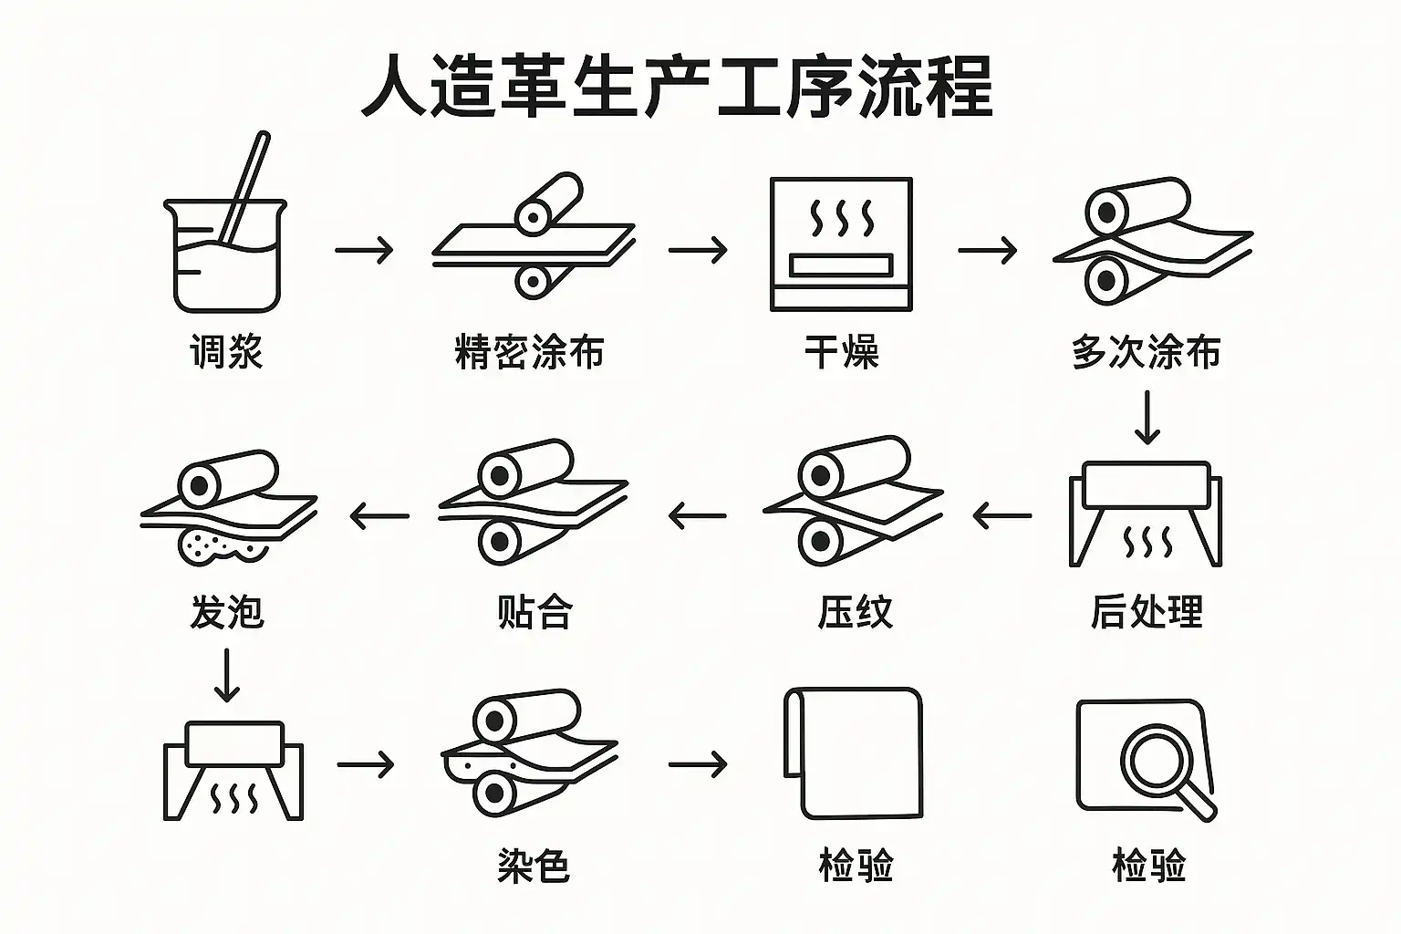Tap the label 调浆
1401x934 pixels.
pos(226,351)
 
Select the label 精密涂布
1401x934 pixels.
pos(529,352)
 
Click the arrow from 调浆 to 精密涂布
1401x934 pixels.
pos(364,249)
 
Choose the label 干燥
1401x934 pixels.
pos(841,352)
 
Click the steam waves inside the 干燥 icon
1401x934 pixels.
pos(841,220)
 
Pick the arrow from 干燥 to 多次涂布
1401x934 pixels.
pos(987,249)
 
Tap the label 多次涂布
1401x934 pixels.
pos(1146,352)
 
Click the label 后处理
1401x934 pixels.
pos(1147,611)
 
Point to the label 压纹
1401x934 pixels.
pos(855,611)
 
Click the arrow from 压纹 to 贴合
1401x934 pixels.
pos(698,516)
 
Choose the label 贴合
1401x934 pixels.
pos(534,611)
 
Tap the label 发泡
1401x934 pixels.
pos(226,611)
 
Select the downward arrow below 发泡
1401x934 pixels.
pos(226,676)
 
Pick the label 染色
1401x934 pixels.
pos(534,865)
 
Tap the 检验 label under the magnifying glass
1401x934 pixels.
pos(1148,865)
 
